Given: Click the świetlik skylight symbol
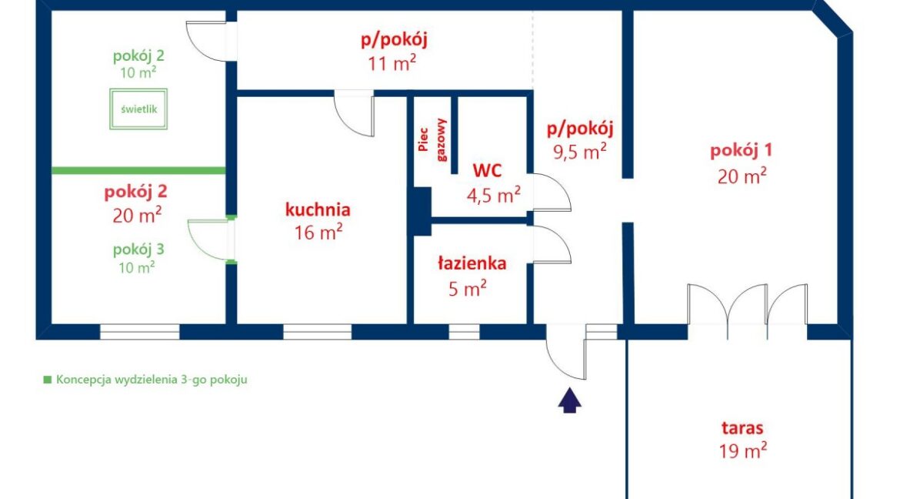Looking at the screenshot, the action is pos(138,109).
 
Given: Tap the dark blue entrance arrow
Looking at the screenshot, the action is pos(569,400).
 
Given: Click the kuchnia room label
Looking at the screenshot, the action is pos(318,209).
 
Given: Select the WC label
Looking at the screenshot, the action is pos(488,170).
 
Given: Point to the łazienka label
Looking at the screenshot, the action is pos(472,263).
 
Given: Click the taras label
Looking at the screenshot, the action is pos(743,427).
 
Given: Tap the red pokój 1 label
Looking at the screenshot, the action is pos(741,151).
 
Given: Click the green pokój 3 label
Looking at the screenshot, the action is pos(138,249).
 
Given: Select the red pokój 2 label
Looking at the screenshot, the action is pos(135,192).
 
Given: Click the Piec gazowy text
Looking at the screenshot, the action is pos(432,139).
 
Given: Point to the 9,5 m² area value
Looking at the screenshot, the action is pos(580,152).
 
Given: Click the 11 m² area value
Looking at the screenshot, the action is pos(392,62).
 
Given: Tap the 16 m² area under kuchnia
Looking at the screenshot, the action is pos(318,233).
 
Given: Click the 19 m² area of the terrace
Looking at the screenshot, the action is pos(743,450).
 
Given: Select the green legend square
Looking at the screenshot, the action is pos(48,380).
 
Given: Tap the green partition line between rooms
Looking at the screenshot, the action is pos(138,170).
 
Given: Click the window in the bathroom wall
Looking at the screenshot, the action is pos(464,332).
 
